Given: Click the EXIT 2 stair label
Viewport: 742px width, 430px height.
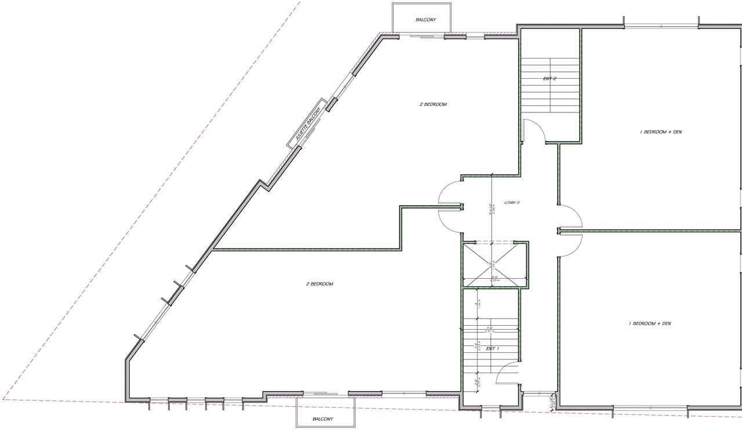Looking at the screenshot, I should coord(550,78).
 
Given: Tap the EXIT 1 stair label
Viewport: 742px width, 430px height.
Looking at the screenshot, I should coord(493,348).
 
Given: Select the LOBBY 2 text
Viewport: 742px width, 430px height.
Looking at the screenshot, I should coord(512,202).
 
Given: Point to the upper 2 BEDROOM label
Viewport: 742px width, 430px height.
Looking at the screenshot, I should coord(433,104).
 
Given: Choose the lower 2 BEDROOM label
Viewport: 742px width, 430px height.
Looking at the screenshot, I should coord(319,284).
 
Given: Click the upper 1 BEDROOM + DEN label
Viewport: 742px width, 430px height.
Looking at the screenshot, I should coord(660,132).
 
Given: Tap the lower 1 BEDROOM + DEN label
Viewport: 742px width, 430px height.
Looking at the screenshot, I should coord(650,323).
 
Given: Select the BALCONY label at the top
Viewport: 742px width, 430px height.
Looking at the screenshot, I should coord(425,20).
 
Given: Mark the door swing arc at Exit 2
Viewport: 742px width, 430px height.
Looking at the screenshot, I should coord(534,130).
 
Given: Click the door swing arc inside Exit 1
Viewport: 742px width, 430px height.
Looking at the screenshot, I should coord(507,372).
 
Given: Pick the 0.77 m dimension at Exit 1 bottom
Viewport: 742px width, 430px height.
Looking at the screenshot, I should coord(477,383).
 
